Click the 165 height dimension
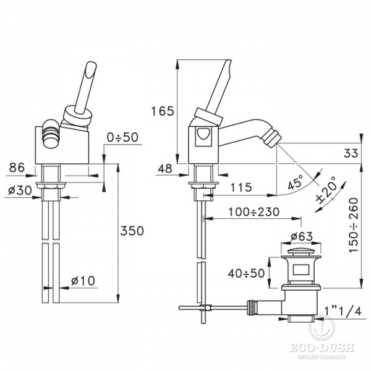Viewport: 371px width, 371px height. point(162,111)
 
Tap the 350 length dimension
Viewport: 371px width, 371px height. point(132,231)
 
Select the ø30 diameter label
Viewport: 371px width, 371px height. point(19,190)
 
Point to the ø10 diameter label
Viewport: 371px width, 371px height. point(83,281)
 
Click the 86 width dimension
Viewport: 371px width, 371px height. point(17,168)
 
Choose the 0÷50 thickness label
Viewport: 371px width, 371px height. point(122,137)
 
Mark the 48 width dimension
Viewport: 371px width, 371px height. point(165,169)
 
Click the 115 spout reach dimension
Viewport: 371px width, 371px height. point(241,187)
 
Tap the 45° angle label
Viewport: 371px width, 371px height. point(296,182)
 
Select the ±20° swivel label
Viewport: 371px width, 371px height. point(327,190)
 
